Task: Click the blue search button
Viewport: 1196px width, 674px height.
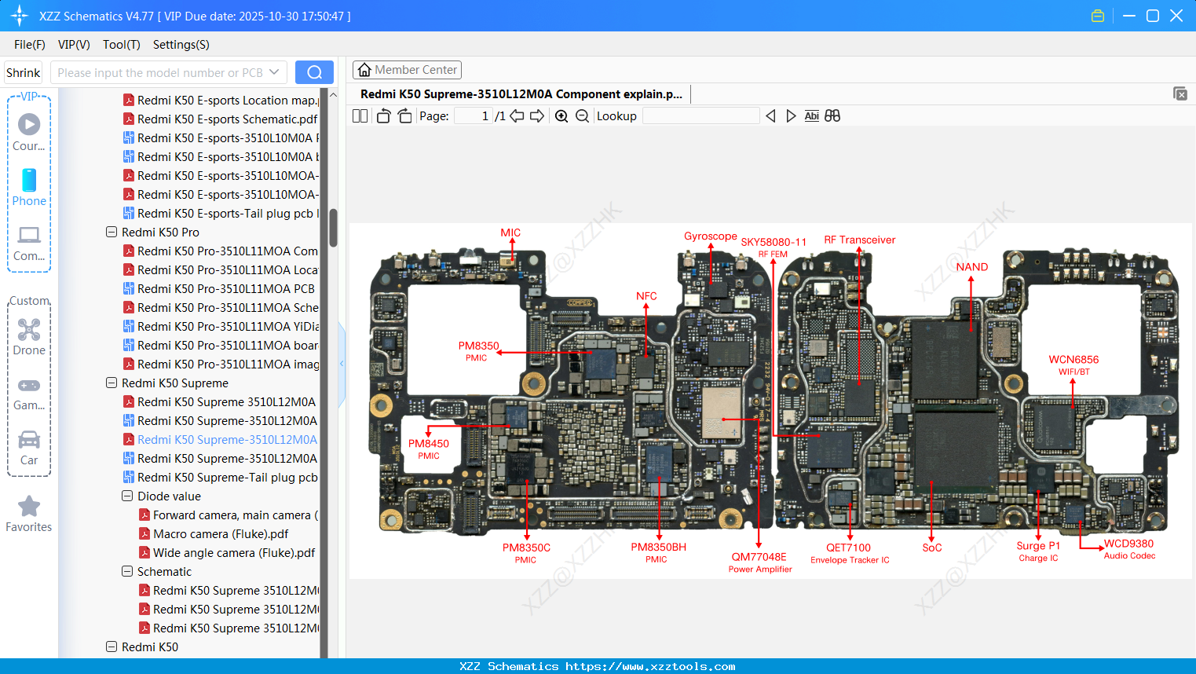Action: click(314, 72)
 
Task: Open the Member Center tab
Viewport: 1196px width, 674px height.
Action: click(407, 70)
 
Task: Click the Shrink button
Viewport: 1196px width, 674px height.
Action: click(24, 72)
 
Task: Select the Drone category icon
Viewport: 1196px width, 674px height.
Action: click(29, 330)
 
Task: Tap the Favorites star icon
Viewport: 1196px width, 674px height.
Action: click(29, 507)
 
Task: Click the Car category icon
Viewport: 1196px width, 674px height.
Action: click(29, 440)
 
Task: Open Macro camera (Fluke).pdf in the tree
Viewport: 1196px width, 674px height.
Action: click(221, 534)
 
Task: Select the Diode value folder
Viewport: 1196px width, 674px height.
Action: click(169, 496)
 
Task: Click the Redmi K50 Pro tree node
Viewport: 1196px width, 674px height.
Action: click(160, 233)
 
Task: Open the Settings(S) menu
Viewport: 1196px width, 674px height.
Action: click(181, 45)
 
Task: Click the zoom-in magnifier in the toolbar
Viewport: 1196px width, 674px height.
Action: click(561, 116)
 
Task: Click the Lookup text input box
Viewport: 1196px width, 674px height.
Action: click(700, 116)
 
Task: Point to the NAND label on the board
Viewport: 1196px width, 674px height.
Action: click(971, 267)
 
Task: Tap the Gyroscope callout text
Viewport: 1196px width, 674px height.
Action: click(710, 236)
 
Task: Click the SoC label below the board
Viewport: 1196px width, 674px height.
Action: click(931, 548)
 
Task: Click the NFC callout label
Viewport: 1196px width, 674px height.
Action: click(646, 296)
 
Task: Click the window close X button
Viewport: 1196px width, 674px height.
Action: click(1176, 16)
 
